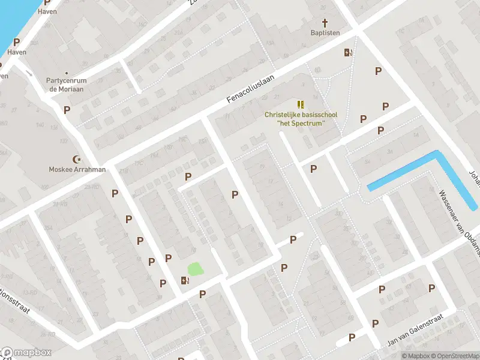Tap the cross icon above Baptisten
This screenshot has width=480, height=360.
point(325,23)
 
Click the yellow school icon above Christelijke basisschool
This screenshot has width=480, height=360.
point(301,104)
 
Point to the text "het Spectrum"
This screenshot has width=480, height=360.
point(301,124)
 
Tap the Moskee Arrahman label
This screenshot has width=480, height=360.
point(77,169)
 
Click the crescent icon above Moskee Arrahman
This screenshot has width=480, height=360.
point(77,159)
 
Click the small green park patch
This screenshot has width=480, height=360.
point(196,269)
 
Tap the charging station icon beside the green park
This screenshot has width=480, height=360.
point(185,280)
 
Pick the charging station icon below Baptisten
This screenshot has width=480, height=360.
point(347,52)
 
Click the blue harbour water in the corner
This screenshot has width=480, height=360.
point(12,18)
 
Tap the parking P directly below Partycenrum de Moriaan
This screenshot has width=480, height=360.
point(67,110)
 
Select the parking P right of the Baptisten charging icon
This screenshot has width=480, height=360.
point(378,71)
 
